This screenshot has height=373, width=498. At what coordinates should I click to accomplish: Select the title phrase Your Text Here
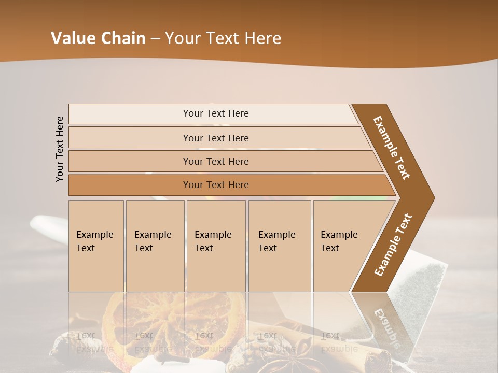(223, 38)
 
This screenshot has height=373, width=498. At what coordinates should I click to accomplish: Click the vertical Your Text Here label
(60, 149)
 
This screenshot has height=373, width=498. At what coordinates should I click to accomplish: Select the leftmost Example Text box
(96, 246)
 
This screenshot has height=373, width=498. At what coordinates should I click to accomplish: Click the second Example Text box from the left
(155, 246)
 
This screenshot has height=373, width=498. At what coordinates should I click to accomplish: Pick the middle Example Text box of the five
(216, 246)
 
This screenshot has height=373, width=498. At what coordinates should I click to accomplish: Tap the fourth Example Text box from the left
(280, 246)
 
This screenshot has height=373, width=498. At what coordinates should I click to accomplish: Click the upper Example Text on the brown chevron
(392, 148)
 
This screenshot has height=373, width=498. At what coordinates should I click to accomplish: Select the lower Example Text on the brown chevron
(393, 245)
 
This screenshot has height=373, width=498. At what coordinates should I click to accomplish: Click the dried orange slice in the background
(166, 324)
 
